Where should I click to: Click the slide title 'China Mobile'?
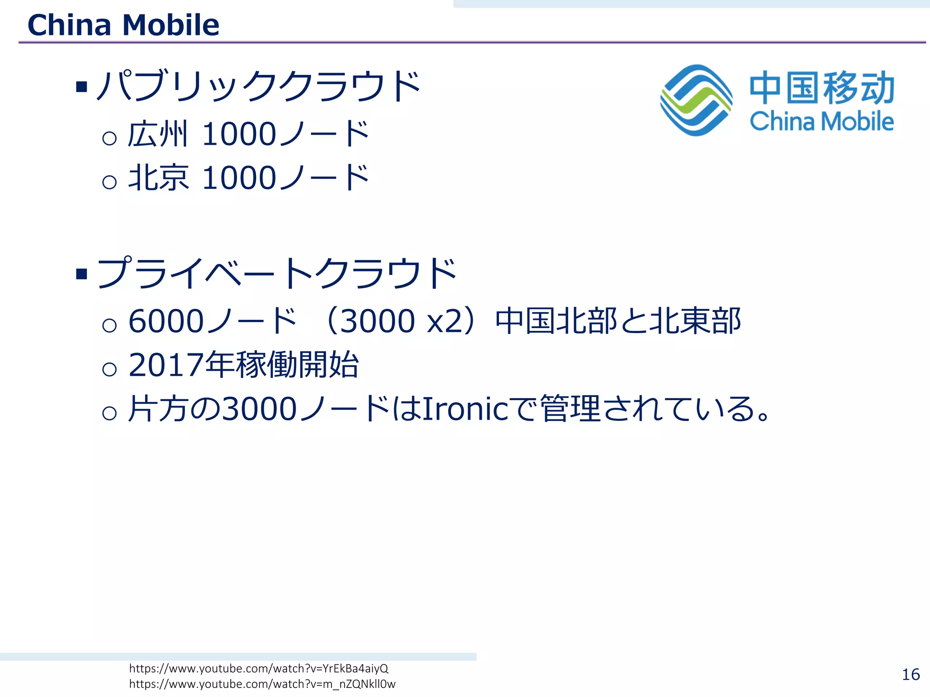point(123,25)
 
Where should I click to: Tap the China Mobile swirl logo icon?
point(696,100)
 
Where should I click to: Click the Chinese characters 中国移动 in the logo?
point(822,88)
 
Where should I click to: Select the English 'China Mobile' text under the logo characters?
point(821,121)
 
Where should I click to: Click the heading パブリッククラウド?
point(258,86)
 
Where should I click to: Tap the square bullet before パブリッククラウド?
point(82,86)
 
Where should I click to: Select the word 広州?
point(157,134)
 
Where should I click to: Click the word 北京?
point(158,178)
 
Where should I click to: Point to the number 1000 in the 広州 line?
point(239,134)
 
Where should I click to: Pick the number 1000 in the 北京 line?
point(239,178)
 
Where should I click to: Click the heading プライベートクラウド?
point(277,273)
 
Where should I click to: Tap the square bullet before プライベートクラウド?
point(82,274)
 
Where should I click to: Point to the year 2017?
point(166,365)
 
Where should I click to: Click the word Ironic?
point(465,408)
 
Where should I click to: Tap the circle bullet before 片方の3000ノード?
point(109,412)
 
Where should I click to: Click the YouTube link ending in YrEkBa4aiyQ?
point(259,668)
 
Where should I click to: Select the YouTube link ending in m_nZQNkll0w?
point(262,684)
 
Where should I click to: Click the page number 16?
point(910,675)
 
